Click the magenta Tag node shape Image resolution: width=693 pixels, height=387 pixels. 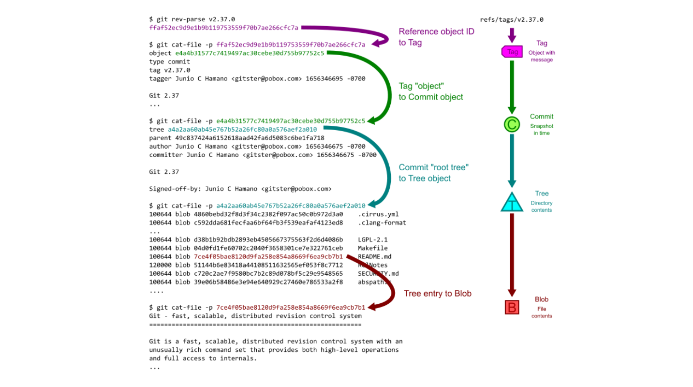(512, 52)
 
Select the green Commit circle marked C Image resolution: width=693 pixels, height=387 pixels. (512, 125)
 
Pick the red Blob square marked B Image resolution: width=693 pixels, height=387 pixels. (512, 307)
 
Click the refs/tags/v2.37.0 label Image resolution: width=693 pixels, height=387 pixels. (512, 20)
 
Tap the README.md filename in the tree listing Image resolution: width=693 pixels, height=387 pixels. (375, 257)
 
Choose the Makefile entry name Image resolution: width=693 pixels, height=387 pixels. (372, 248)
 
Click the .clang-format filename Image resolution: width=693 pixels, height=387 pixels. (382, 223)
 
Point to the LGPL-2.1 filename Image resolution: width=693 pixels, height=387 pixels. (372, 240)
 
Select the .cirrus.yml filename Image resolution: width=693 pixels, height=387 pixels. (378, 214)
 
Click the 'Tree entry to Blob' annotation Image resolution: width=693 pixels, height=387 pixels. (437, 294)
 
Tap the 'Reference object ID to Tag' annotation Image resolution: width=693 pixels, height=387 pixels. (436, 37)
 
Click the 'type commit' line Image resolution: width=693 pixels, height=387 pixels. (170, 62)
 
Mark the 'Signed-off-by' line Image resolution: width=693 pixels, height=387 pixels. (240, 189)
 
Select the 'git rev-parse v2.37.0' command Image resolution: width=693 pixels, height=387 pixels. (192, 19)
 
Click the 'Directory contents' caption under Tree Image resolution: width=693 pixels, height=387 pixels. (541, 207)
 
